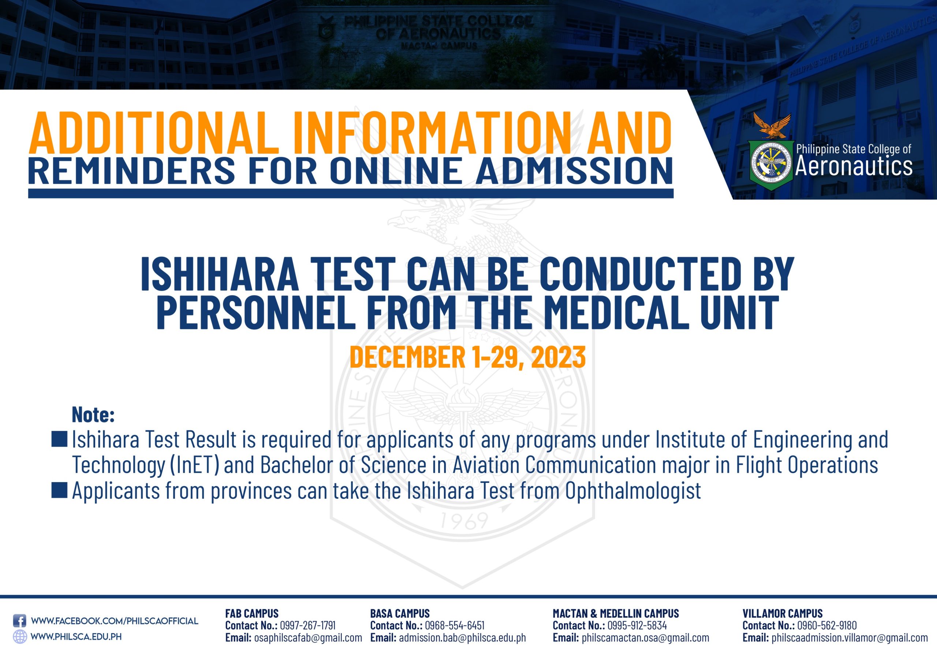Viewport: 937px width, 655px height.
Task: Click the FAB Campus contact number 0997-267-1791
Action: tap(308, 625)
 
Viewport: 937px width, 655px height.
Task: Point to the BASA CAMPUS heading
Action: tap(400, 613)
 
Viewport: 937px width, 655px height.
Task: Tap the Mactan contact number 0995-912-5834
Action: tap(637, 625)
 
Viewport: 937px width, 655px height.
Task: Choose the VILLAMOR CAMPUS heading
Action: tap(782, 613)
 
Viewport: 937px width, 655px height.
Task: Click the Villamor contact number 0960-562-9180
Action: tap(827, 625)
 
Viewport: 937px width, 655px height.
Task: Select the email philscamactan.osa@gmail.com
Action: tap(645, 638)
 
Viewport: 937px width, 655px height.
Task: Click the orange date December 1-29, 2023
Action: tap(468, 357)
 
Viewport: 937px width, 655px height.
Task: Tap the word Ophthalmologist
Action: tap(633, 491)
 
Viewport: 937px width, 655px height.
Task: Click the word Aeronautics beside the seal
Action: tap(854, 166)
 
